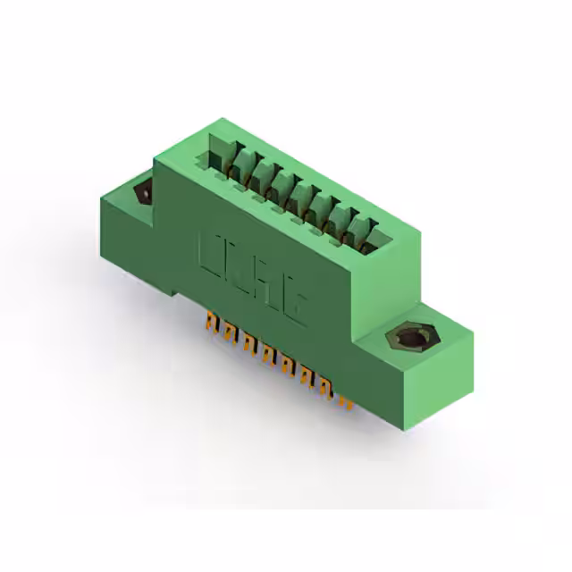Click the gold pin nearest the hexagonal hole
tap(345, 403)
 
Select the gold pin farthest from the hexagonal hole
tap(211, 319)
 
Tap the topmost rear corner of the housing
tap(206, 120)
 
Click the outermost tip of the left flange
tap(101, 202)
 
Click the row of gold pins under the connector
tap(277, 357)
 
